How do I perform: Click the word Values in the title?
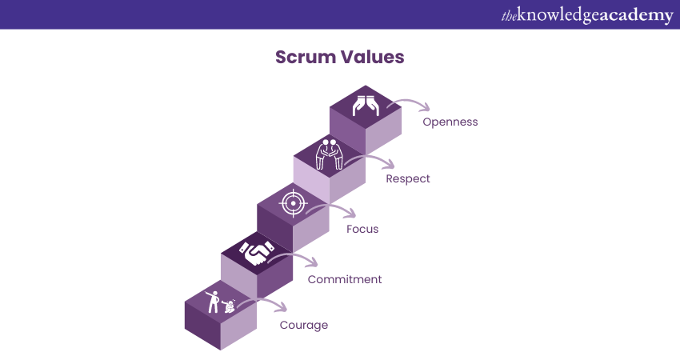tap(374, 58)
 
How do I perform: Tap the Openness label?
tap(450, 122)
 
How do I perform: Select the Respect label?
tap(408, 178)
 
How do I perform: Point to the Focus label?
tap(362, 229)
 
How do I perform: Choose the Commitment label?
tap(345, 279)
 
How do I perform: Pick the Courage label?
tap(303, 325)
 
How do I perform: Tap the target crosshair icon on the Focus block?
tap(293, 204)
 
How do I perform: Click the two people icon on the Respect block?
tap(329, 154)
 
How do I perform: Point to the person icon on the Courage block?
tap(213, 300)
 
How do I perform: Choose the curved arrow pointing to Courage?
tap(265, 304)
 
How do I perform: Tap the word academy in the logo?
tap(636, 15)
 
